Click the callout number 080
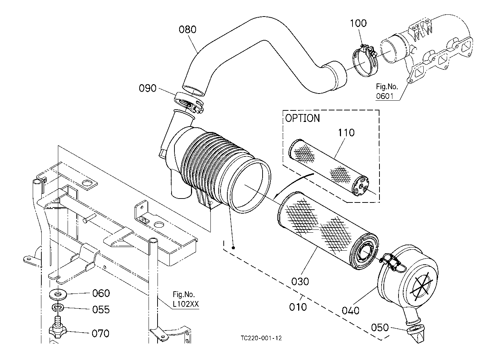187,29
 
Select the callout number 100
358,23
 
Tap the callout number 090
147,88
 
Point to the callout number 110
346,133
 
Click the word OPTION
302,118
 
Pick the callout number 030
300,282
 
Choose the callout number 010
298,307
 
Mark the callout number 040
351,311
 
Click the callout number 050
380,328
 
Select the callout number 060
101,293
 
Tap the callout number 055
101,310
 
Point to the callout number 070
100,333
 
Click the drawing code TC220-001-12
261,338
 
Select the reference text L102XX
186,304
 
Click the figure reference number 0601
385,96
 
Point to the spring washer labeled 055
58,307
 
